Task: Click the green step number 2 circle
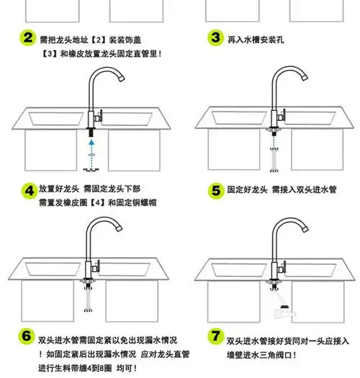[28, 38]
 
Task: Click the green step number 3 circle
[215, 38]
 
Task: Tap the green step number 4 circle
[30, 191]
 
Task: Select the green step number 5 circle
[216, 191]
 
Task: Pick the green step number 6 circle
[27, 336]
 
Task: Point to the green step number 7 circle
[215, 336]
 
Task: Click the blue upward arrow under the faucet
[91, 154]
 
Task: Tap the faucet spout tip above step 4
[122, 78]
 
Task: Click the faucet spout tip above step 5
[305, 78]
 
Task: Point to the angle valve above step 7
[285, 312]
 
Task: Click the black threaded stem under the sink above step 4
[91, 132]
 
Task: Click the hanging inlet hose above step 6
[88, 299]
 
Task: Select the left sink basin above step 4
[56, 118]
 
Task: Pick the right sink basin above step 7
[310, 270]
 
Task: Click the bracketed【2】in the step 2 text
[99, 40]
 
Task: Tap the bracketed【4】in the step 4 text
[98, 202]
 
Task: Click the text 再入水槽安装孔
[256, 40]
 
